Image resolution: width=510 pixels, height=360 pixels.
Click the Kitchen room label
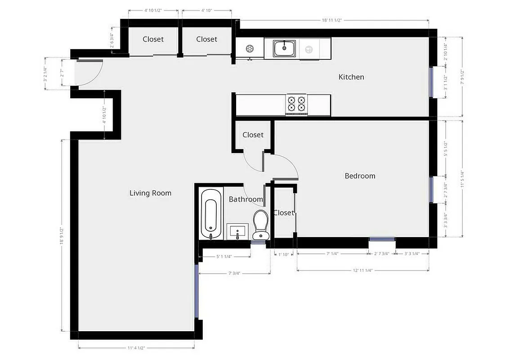[x=351, y=77]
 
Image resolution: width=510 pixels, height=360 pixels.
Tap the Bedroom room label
[x=360, y=176]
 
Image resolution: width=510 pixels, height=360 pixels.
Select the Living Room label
[x=150, y=193]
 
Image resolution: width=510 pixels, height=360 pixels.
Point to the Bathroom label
[x=246, y=199]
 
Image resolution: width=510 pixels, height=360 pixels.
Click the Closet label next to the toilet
[x=283, y=213]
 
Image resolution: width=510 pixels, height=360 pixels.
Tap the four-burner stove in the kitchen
[x=296, y=104]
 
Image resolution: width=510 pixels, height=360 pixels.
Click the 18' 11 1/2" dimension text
[x=333, y=20]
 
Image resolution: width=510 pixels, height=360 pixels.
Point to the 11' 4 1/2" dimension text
[x=136, y=348]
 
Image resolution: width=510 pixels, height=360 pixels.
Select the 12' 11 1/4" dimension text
[x=362, y=270]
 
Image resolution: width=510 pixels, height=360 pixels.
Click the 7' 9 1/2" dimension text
[x=462, y=77]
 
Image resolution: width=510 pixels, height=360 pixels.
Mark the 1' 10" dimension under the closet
[x=284, y=255]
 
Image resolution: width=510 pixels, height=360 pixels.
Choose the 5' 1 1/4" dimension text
[x=224, y=256]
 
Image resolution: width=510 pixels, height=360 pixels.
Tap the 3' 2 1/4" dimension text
[x=45, y=74]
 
